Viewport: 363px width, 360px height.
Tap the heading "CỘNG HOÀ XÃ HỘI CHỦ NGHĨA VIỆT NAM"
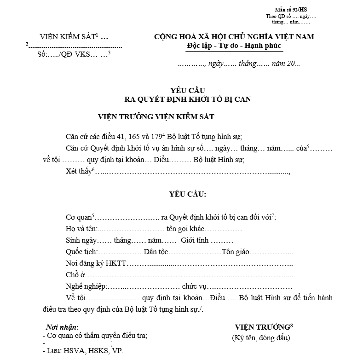pos(234,37)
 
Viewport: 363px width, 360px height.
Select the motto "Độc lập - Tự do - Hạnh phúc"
pos(234,46)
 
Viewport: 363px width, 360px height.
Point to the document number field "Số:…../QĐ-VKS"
pos(64,55)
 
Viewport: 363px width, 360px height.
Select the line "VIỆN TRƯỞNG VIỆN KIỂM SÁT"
pos(156,117)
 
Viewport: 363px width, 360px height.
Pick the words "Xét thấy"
pos(79,172)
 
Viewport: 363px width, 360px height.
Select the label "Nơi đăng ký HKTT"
pos(96,263)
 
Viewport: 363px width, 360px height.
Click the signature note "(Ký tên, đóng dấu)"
pos(261,338)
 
